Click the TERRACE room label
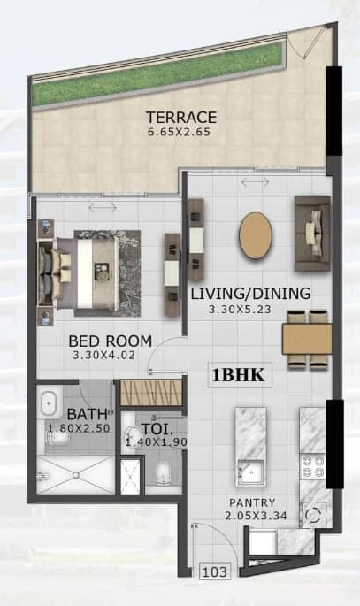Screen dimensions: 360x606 (181, 117)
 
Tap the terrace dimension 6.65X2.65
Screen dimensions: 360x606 (180, 132)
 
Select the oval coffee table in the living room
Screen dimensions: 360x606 (256, 234)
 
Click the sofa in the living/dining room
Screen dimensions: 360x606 (312, 233)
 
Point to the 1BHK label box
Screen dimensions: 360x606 (240, 375)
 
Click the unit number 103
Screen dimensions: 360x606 (215, 571)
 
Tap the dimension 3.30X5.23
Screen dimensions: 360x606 (240, 309)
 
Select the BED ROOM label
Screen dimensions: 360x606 (110, 341)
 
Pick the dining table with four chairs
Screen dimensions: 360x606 (307, 339)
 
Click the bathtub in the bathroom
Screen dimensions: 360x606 (49, 403)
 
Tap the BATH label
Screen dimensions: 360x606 (87, 414)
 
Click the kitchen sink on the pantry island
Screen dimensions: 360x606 (250, 472)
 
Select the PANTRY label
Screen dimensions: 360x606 (252, 502)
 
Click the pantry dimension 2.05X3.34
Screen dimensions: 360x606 (257, 516)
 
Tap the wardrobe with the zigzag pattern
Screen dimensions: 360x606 (151, 393)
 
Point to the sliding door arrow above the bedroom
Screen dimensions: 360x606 (103, 208)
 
